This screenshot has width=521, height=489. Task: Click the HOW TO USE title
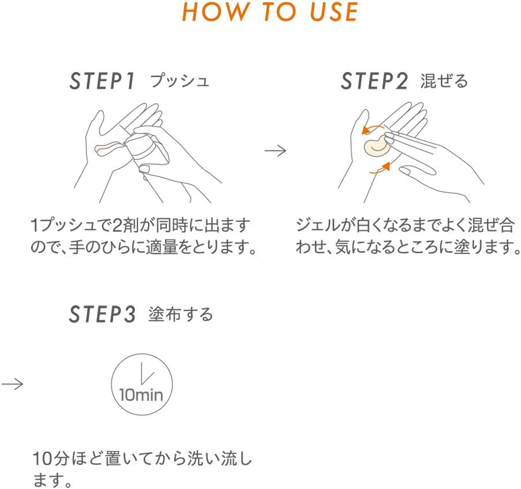pos(270,13)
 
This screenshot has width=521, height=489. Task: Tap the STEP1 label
pos(102,81)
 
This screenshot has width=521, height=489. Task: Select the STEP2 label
pos(374,81)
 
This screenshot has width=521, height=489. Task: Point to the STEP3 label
pos(102,314)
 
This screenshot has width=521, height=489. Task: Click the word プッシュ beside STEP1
pos(180,81)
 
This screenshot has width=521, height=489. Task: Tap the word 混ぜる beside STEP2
pos(444,81)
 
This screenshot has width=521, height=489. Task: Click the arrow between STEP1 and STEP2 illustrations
pos(275,151)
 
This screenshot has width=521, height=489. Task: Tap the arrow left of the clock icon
pos(12,384)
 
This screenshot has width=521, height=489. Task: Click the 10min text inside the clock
pos(141,396)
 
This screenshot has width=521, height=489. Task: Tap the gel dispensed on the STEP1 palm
pos(108,149)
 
